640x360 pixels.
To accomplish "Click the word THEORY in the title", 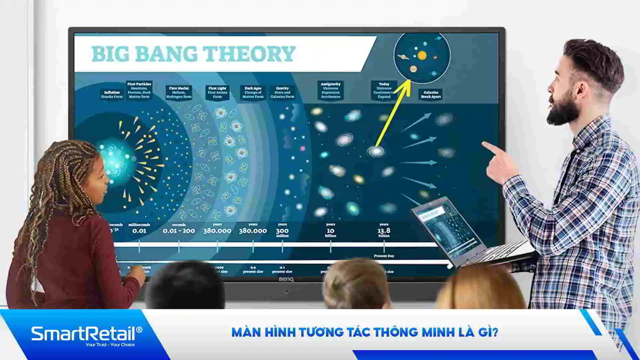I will tap(249, 54).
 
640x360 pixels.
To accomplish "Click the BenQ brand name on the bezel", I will tap(286, 279).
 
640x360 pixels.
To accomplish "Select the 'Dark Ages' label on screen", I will tap(253, 92).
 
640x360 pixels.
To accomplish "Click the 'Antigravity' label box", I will tap(330, 90).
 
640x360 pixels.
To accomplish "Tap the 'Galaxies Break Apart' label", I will tap(431, 94).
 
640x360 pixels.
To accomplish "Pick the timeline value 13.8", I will tap(384, 231).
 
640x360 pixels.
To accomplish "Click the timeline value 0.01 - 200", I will tap(179, 231).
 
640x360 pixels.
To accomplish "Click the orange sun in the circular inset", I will tap(422, 55).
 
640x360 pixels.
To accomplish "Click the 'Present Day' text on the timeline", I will tap(384, 256).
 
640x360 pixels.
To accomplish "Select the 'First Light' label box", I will tap(217, 92).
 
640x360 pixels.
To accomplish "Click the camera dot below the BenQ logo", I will tap(286, 292).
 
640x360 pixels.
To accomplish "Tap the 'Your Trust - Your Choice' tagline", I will tap(110, 345).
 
